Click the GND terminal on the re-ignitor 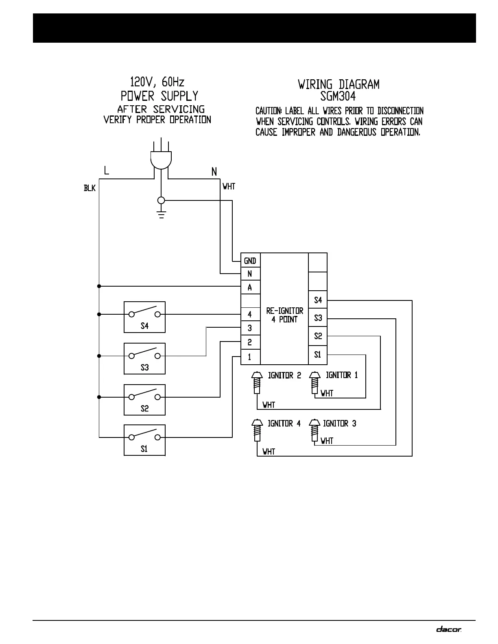250,261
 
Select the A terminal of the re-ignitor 250,287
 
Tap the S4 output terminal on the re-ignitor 318,300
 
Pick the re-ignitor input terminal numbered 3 250,328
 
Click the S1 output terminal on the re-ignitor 318,355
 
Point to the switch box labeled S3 144,358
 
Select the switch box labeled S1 144,440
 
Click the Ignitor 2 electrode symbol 256,383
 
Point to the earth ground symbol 162,214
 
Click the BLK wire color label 90,188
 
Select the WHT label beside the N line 229,187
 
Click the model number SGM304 338,96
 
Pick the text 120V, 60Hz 157,82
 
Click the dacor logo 449,629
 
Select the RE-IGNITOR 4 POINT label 284,315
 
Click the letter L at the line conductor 106,170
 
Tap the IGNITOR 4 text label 284,423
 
